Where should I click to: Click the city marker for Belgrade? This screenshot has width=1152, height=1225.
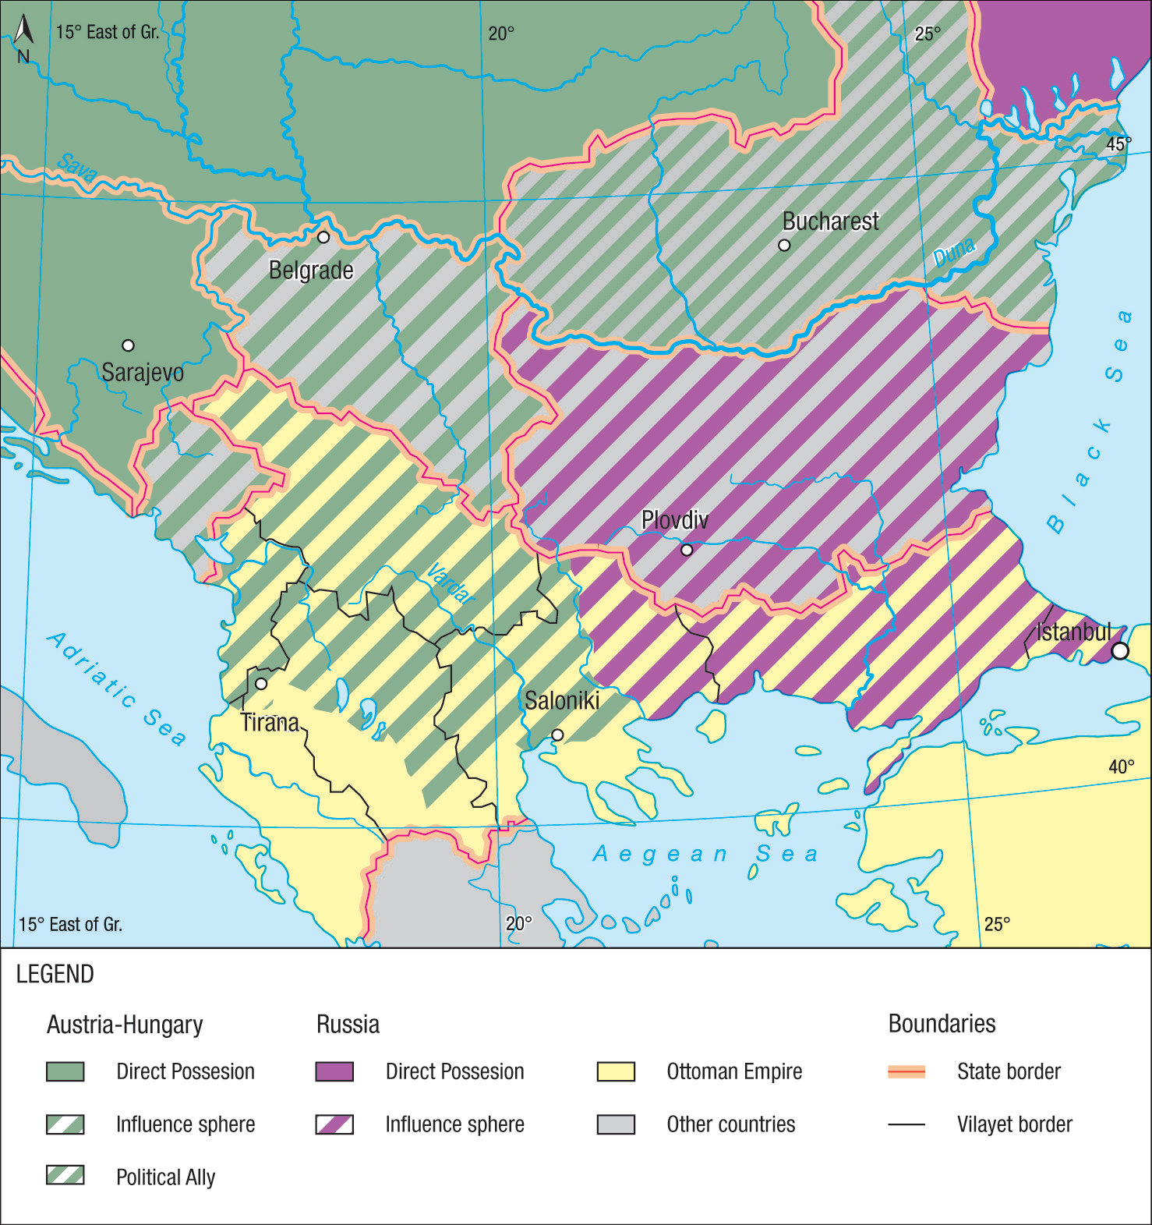click(x=323, y=237)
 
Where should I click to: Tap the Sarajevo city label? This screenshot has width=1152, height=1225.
click(x=143, y=372)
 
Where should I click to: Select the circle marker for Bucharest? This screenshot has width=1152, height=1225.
click(x=784, y=245)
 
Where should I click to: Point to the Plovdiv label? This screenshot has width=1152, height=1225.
click(x=674, y=520)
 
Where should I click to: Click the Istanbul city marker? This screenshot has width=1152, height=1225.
click(x=1119, y=650)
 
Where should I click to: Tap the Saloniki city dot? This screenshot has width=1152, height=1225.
click(x=557, y=735)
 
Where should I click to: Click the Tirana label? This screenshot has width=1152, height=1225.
click(x=270, y=723)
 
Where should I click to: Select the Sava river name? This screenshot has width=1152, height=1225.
click(x=77, y=168)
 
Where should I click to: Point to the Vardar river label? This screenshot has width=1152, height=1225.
click(x=451, y=584)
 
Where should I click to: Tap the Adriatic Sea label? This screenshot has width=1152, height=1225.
click(x=117, y=688)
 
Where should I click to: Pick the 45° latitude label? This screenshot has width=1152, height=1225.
click(x=1118, y=144)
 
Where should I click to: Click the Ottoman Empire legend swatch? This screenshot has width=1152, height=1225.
click(x=616, y=1071)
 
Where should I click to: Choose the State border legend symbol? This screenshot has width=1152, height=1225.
click(x=906, y=1072)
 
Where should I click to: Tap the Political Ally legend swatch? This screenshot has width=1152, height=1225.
click(x=65, y=1175)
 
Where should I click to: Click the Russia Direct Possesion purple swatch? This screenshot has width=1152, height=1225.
click(x=334, y=1071)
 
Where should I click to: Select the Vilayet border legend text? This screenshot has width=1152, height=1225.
click(x=1014, y=1124)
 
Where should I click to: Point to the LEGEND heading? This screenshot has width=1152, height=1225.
click(x=55, y=974)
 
